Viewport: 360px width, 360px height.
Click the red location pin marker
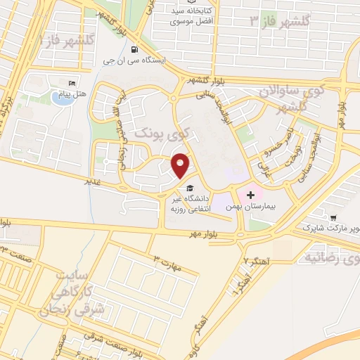tap(181, 165)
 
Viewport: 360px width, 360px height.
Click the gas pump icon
tap(134, 49)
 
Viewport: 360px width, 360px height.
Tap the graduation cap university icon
tap(188, 188)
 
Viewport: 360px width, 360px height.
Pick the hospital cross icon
tap(250, 193)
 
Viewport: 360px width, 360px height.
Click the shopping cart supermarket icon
tap(333, 217)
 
